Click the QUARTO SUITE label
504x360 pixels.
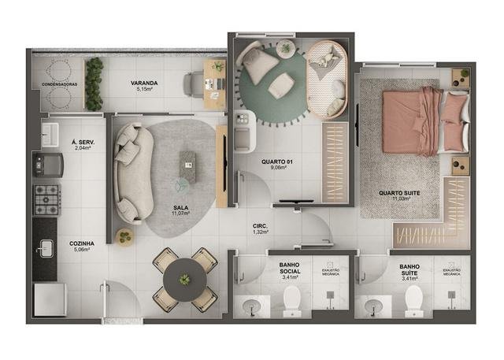(x=398, y=193)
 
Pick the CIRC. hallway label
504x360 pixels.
(x=261, y=226)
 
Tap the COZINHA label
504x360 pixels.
(x=83, y=244)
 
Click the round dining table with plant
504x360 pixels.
(x=185, y=280)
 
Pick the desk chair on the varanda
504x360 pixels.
(x=194, y=83)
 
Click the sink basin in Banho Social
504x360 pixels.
(x=252, y=306)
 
